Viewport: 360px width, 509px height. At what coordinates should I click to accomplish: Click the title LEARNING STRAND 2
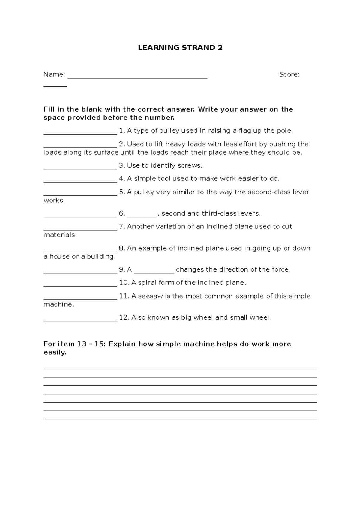180,48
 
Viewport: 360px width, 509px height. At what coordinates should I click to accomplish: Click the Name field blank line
137,78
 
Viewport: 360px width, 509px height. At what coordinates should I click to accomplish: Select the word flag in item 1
246,131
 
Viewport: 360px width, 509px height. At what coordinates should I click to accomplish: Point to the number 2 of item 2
121,144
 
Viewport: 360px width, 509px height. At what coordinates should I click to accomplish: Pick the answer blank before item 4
80,182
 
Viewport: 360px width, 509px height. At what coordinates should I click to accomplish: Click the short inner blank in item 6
142,216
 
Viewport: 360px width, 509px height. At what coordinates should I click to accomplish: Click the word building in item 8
101,257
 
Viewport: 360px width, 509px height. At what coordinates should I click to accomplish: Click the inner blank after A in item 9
154,272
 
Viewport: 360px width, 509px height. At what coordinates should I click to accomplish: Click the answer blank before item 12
80,320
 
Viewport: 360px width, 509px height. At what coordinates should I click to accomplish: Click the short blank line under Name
55,86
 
